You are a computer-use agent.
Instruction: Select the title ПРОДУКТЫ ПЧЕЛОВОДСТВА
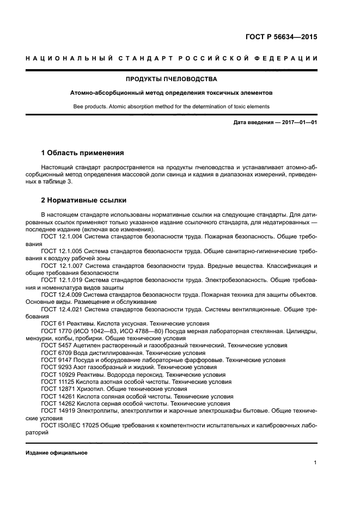(172, 79)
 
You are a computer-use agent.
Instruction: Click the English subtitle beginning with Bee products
(172, 106)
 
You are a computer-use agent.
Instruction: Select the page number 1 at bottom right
(315, 463)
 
